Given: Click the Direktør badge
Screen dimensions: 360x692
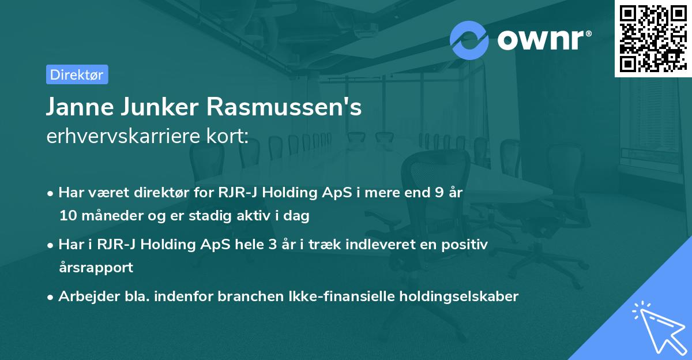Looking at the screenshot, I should point(77,74).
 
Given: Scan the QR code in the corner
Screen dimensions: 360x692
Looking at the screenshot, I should point(653,38).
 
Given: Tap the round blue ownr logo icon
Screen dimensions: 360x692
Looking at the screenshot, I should point(469,40).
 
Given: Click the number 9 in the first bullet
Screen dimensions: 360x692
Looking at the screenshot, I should point(441,193).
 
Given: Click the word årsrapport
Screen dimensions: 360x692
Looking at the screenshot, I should point(96,268).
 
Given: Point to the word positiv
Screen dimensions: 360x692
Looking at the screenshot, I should point(465,245).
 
